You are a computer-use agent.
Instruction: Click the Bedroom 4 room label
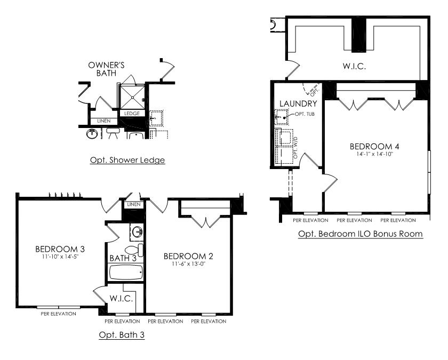(374, 147)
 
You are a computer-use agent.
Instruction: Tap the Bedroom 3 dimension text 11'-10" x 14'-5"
(60, 257)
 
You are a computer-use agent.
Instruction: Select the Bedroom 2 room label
(188, 256)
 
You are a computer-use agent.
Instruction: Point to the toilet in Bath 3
(134, 250)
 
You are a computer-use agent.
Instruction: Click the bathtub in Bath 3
(126, 273)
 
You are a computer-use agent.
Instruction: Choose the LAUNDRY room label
(298, 103)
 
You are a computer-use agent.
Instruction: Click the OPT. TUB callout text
(305, 114)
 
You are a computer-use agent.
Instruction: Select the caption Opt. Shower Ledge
(127, 160)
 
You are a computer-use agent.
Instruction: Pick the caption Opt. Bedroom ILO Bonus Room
(361, 234)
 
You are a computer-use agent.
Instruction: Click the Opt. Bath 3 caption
(122, 334)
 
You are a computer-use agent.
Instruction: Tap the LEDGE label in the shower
(132, 114)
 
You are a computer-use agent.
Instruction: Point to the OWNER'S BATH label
(106, 69)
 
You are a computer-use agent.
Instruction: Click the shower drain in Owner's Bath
(132, 98)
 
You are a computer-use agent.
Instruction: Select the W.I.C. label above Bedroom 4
(354, 66)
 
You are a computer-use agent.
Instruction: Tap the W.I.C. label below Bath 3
(121, 299)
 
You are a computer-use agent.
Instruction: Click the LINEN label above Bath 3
(134, 204)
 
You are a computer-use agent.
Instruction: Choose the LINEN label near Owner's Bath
(103, 121)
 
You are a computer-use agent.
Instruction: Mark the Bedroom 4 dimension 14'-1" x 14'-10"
(375, 154)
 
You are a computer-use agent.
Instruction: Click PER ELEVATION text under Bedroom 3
(59, 314)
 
